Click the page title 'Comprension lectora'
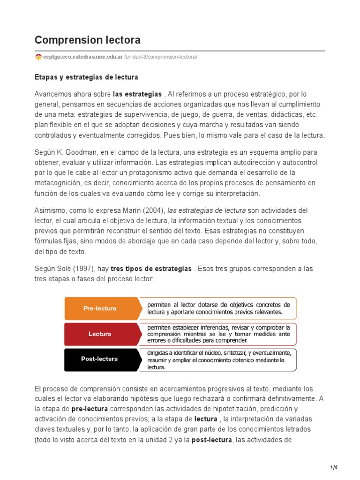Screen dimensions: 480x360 coord(88,40)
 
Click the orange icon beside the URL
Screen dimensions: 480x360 coord(38,57)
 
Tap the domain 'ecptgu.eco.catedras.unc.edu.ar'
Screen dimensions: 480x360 coord(83,57)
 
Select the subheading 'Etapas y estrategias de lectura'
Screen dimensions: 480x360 coord(86,76)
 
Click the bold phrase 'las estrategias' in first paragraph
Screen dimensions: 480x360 coord(137,94)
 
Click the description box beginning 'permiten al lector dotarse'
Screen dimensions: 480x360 coord(218,308)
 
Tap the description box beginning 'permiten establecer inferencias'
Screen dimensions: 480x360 coord(218,333)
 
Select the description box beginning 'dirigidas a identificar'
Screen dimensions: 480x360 coord(218,360)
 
